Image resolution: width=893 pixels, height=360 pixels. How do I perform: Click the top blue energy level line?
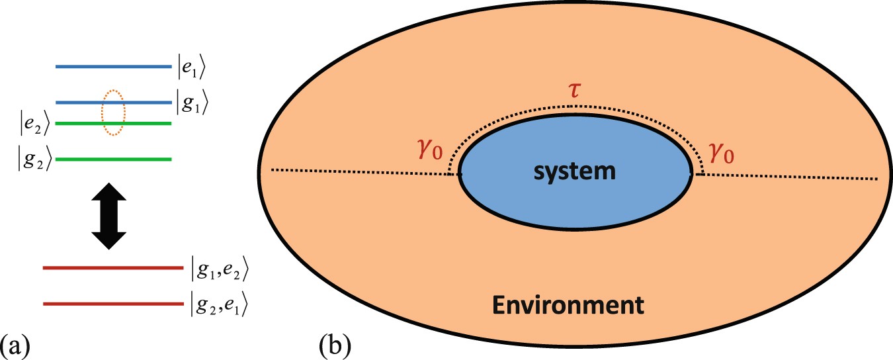tap(113, 66)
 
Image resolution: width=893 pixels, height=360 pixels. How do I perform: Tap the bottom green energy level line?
tap(113, 159)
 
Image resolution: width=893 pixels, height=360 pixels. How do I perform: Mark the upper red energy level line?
tap(112, 268)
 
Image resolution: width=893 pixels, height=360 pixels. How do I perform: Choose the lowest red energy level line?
tap(112, 304)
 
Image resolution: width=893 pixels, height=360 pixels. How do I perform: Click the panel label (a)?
tap(15, 345)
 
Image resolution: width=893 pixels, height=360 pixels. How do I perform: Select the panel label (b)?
tap(335, 345)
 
